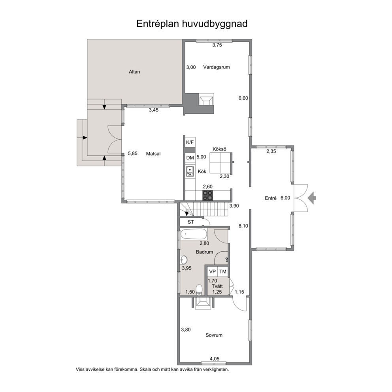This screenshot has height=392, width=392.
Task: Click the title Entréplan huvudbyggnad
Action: coord(192,24)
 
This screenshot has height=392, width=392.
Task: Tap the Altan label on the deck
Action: coord(134,72)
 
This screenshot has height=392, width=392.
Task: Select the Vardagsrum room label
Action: coord(216,67)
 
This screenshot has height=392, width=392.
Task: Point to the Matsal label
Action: coord(153,154)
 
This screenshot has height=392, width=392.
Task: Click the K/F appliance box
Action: coord(190,143)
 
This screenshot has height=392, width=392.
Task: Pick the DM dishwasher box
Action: coord(190,158)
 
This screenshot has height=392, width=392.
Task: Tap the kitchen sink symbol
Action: coord(190,171)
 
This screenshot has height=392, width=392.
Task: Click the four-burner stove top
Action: coord(207,195)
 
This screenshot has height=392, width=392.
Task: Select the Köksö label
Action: coord(219,149)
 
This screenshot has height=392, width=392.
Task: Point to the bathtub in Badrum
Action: coord(194,235)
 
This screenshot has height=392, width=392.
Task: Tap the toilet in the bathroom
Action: coord(199,290)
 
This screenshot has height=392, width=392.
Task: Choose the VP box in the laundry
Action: coord(213,271)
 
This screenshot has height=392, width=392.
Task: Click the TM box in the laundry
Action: coord(223,271)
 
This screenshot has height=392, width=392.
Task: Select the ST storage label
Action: coord(191,222)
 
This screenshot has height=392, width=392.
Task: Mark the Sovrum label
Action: coord(214,335)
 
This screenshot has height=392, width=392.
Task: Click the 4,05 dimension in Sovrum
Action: coord(215,359)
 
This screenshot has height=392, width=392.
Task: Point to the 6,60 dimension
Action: coord(243,98)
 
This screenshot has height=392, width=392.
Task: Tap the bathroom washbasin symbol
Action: coord(183,260)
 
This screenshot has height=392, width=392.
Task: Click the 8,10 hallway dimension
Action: coord(243,226)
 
